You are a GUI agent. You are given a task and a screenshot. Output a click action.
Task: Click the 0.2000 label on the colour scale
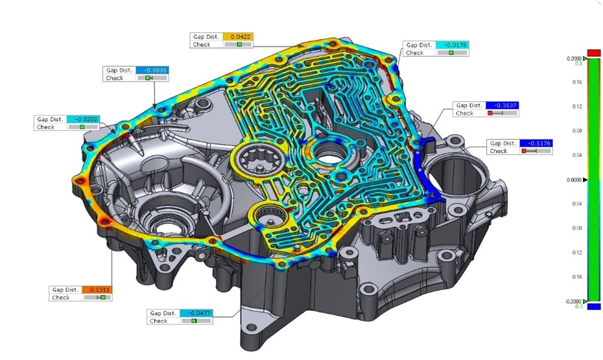574,58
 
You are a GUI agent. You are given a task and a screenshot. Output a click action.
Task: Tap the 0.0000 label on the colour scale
574,180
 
